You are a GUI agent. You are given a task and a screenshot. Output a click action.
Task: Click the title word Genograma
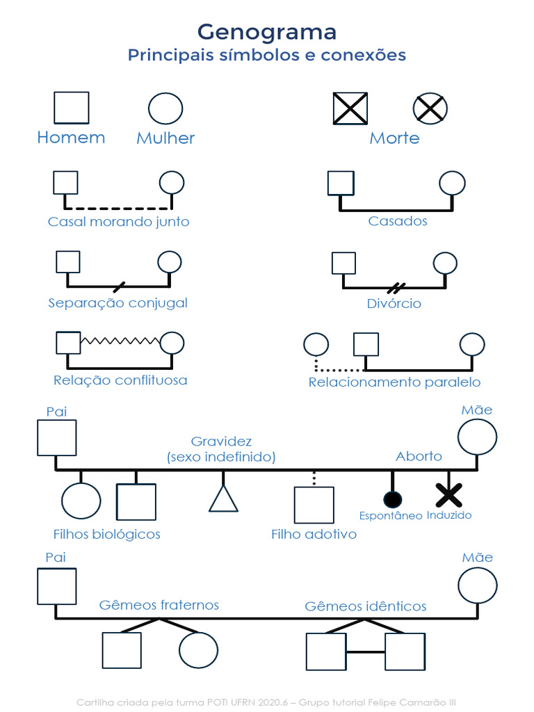[267, 31]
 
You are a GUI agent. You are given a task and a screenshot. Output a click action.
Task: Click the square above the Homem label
[72, 108]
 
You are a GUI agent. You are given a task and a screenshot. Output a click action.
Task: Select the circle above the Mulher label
[165, 108]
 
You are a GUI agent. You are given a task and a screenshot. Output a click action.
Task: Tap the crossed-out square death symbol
[350, 108]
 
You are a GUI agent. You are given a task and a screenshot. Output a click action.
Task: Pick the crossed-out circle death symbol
[430, 108]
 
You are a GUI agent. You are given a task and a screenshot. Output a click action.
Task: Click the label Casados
[398, 221]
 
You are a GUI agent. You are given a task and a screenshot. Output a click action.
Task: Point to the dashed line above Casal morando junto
[118, 208]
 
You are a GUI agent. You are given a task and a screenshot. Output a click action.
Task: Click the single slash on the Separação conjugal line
[119, 286]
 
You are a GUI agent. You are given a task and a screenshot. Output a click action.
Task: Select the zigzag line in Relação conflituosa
[120, 340]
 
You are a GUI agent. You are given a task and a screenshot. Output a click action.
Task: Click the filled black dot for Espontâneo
[392, 499]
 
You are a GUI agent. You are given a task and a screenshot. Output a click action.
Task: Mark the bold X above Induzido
[448, 495]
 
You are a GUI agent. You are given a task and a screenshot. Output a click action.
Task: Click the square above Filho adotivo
[314, 505]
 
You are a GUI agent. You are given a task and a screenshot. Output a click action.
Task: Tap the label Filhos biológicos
[107, 534]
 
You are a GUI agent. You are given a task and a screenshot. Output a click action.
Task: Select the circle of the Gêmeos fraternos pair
[199, 650]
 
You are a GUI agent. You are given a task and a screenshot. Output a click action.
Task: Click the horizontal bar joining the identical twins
[366, 652]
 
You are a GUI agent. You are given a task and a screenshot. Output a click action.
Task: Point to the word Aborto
[419, 456]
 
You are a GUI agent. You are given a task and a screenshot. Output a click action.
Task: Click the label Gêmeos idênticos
[366, 606]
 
